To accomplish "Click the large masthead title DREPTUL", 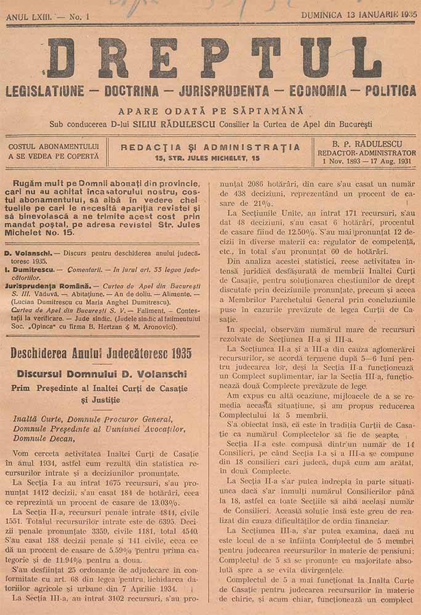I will pyautogui.click(x=213, y=58).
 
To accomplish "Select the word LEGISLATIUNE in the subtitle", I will pyautogui.click(x=44, y=92).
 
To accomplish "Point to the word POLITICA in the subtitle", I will pyautogui.click(x=390, y=91).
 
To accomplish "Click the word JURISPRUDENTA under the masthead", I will pyautogui.click(x=224, y=92).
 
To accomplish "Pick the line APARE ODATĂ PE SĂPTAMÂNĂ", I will pyautogui.click(x=211, y=111).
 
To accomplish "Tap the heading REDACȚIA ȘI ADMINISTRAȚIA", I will pyautogui.click(x=210, y=148).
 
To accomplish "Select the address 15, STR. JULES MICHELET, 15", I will pyautogui.click(x=208, y=158).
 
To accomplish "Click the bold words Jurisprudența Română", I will pyautogui.click(x=47, y=286).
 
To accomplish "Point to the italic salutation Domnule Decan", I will pyautogui.click(x=44, y=438).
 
